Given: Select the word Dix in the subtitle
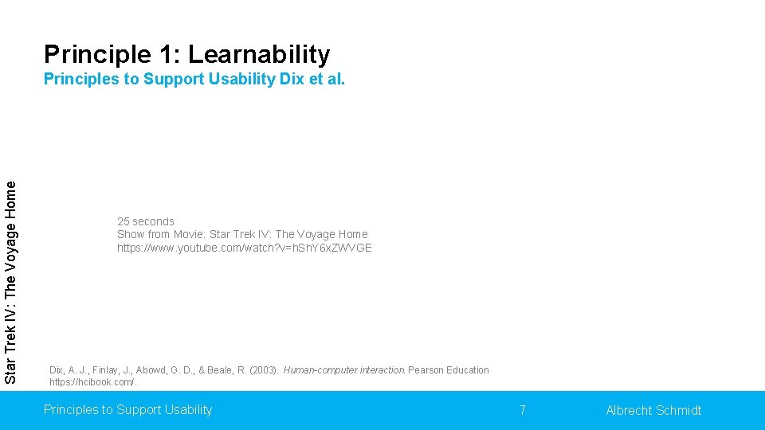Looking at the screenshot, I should pos(292,80).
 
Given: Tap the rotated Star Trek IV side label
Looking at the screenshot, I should pos(10,283).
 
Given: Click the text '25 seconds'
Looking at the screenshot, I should pos(145,221).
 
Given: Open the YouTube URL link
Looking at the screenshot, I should pos(244,248).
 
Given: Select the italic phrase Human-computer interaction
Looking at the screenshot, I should pos(344,370).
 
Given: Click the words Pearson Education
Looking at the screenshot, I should pos(449,370).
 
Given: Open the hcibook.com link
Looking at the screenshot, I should pos(93,382).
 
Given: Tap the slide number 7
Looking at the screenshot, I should pos(522,410).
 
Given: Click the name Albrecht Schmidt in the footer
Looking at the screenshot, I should pos(653,410).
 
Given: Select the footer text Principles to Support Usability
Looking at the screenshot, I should pos(127,409).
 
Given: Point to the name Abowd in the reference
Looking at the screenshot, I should pos(151,370).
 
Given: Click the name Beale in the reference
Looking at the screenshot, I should pos(223,370).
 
